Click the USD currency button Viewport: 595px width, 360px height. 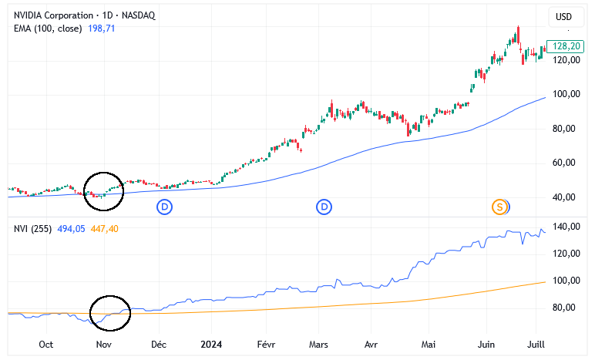[x=564, y=17]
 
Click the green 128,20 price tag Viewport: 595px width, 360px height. [x=565, y=46]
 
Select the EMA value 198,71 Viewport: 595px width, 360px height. [x=101, y=29]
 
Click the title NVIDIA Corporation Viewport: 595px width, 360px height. [x=53, y=15]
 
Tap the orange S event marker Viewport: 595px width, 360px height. [x=499, y=207]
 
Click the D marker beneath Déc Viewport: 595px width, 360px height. [x=165, y=207]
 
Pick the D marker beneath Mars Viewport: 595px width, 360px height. [x=324, y=207]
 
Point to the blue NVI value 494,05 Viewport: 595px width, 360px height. [x=71, y=229]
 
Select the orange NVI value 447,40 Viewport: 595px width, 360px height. [x=104, y=229]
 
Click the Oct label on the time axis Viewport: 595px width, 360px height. [x=46, y=345]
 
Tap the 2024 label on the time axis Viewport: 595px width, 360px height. [x=211, y=345]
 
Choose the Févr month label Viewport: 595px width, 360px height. [x=266, y=345]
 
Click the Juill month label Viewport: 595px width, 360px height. [x=536, y=345]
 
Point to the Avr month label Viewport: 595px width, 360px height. [x=371, y=345]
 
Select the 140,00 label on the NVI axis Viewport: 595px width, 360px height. [x=566, y=227]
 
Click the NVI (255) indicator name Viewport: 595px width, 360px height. [x=32, y=229]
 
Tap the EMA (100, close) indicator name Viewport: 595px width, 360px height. [x=48, y=29]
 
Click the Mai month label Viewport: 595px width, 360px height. [x=429, y=345]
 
